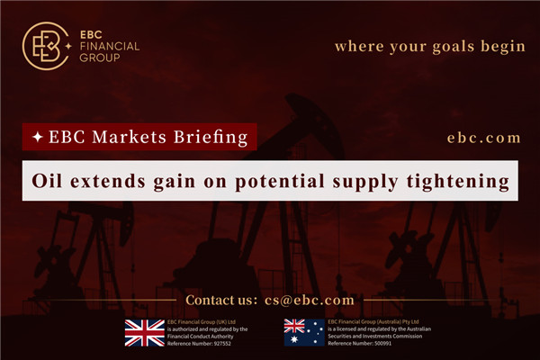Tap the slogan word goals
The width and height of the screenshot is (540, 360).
pos(434,46)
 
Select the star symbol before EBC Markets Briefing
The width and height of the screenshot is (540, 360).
pos(36,138)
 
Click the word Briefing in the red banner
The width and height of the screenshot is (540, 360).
pos(212,138)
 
